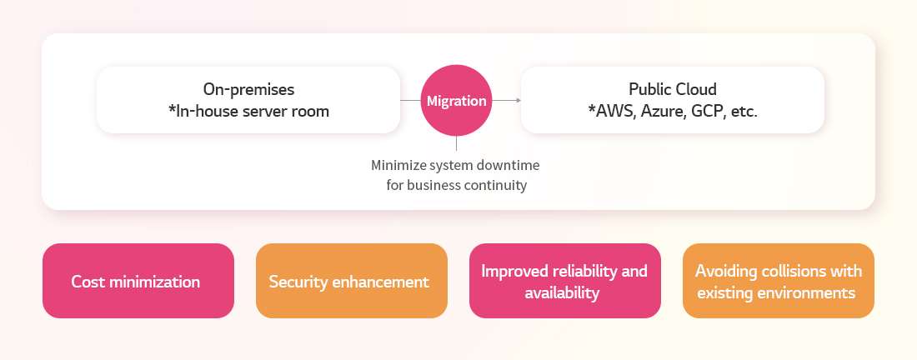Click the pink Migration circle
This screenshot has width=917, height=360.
click(x=456, y=101)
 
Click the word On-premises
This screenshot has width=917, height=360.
click(x=248, y=89)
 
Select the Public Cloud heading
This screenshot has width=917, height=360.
click(x=673, y=89)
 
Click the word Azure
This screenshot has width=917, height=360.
click(x=664, y=111)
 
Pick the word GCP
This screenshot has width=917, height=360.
click(x=708, y=111)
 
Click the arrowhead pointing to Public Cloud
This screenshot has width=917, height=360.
click(x=519, y=101)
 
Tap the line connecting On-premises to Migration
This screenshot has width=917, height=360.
click(x=410, y=101)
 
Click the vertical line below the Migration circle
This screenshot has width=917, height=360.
click(x=456, y=144)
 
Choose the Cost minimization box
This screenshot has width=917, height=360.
click(x=138, y=281)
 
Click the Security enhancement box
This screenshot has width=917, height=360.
click(x=352, y=281)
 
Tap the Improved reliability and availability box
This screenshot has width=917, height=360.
click(x=565, y=281)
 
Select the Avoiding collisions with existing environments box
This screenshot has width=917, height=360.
click(x=779, y=281)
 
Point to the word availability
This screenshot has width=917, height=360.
click(x=562, y=292)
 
